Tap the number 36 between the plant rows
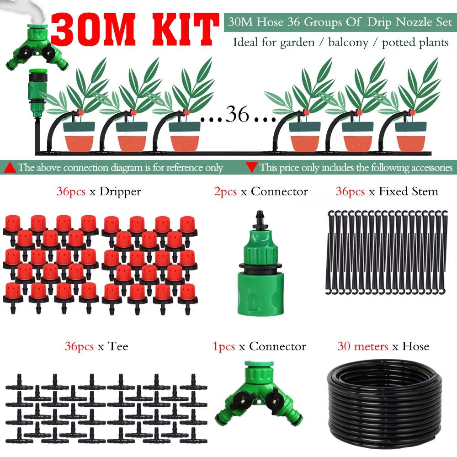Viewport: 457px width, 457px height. coord(237,115)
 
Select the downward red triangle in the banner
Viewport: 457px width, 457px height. coord(251,167)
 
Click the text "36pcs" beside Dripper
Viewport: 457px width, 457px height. coord(71,191)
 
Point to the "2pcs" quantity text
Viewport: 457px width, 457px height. coord(225,191)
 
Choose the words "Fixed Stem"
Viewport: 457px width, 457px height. coord(408,191)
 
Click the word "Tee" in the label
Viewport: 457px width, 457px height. coord(118,346)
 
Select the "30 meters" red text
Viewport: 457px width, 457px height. coord(363,346)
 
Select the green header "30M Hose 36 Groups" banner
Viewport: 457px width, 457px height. coord(340,22)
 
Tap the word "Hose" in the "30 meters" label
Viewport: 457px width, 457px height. coord(415,346)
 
